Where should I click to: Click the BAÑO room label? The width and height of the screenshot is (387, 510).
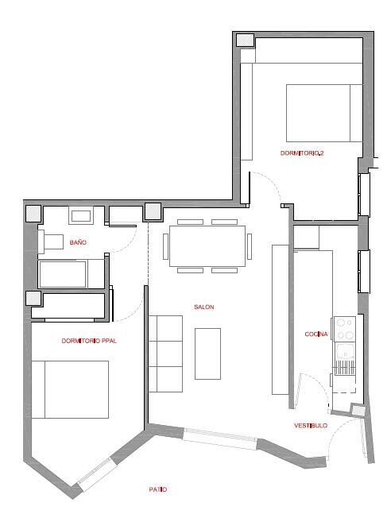pos(78,242)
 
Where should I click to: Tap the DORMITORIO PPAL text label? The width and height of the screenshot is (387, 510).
pos(89,341)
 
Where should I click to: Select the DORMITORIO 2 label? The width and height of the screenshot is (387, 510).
pos(302,153)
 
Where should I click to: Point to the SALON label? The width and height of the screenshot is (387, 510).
pos(204,307)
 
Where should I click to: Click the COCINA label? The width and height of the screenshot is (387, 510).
pos(316,334)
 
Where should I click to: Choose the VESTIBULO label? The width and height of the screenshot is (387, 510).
pos(311,426)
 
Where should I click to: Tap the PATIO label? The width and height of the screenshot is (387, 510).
pos(158,489)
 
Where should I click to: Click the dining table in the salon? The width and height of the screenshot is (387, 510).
pos(207,246)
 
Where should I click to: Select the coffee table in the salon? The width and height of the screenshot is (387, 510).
pos(207,354)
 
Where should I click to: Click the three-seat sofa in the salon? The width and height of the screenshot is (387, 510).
pos(165,354)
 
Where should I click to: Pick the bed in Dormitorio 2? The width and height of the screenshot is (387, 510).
pos(324,113)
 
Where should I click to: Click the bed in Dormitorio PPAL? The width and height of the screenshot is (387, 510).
pos(70,389)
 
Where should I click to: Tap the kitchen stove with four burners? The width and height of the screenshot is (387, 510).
pos(345,329)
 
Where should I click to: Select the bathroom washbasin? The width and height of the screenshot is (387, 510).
pos(81,216)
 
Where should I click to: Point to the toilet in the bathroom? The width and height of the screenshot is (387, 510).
pos(51,241)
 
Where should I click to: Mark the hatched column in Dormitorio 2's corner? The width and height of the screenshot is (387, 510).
pos(245,40)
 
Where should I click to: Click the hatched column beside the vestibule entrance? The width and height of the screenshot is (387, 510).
pos(358,410)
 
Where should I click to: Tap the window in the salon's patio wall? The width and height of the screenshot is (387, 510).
pos(220,439)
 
